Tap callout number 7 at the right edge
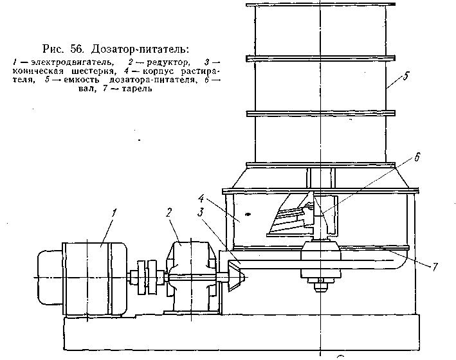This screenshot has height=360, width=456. pyautogui.click(x=435, y=265)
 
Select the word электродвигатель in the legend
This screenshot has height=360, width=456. pyautogui.click(x=55, y=62)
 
